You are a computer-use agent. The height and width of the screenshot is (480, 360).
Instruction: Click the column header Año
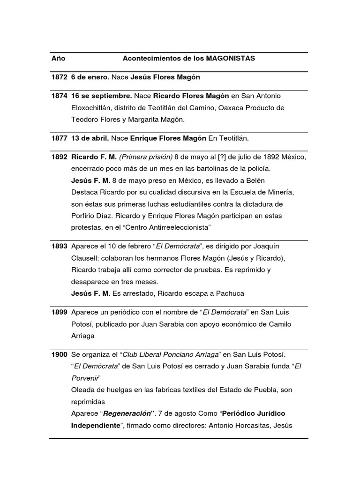(x=58, y=59)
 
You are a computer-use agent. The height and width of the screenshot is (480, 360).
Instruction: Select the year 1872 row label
(x=60, y=77)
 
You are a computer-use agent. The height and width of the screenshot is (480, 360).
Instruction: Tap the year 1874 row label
(x=60, y=96)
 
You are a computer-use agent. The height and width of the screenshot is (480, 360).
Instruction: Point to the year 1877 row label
(x=60, y=138)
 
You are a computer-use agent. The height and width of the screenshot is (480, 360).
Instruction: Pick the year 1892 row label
(x=60, y=157)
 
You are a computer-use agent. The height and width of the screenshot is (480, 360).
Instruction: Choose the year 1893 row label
(x=60, y=246)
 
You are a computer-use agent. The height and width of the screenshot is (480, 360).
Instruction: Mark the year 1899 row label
(x=60, y=312)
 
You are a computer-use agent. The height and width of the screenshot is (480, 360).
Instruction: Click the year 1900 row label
(x=60, y=354)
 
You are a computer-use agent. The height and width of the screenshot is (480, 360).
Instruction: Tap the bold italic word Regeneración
(x=127, y=414)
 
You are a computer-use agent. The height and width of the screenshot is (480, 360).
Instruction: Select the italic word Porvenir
(x=85, y=378)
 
